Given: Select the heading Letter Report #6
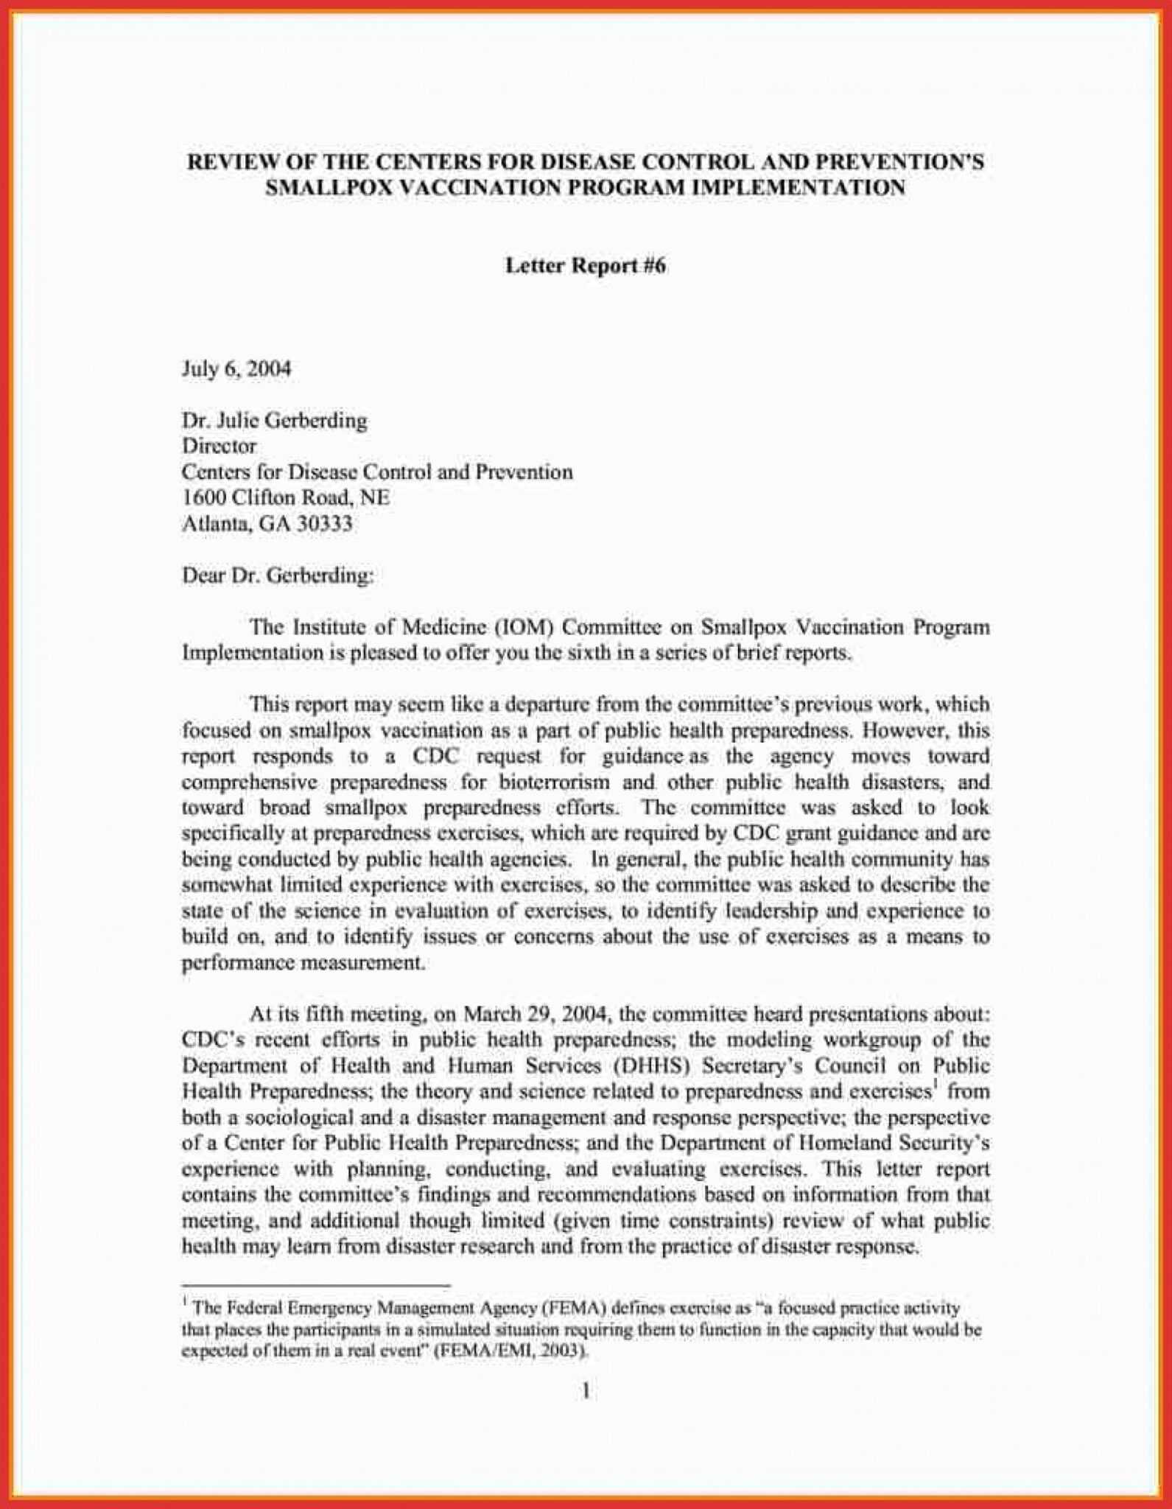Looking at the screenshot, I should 585,266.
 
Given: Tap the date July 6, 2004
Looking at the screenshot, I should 236,368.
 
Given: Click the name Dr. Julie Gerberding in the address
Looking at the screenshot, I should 274,421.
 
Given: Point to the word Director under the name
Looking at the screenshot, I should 219,447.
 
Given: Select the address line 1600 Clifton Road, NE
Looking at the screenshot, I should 285,498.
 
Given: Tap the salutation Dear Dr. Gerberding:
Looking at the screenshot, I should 278,575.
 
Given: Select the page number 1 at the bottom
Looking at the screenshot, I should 586,1391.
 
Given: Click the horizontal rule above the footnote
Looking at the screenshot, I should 316,1286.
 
